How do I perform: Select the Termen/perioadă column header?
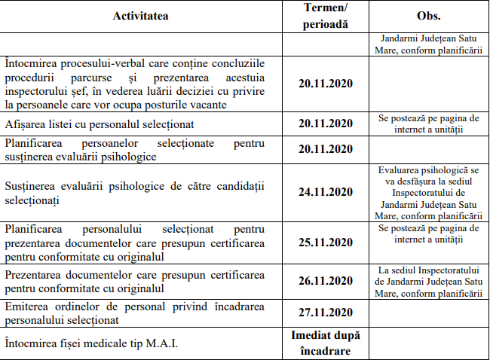(325, 16)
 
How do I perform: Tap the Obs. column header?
(428, 16)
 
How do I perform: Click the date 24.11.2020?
(325, 193)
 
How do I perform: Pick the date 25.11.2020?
(325, 243)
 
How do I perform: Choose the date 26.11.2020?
(325, 280)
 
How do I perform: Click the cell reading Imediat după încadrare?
(325, 343)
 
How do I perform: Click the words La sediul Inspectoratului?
(428, 269)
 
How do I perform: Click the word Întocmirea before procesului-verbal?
(34, 62)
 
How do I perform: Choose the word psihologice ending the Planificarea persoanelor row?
(128, 156)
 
